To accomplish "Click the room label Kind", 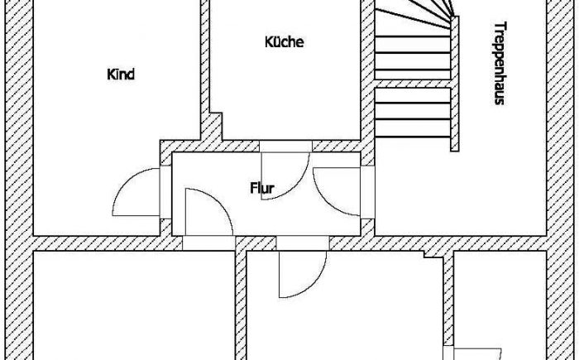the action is pyautogui.click(x=121, y=74).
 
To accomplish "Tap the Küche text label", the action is pyautogui.click(x=285, y=41).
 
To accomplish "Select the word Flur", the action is pyautogui.click(x=262, y=188).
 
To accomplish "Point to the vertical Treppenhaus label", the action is pyautogui.click(x=500, y=64).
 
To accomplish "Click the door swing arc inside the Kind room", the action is pyautogui.click(x=136, y=192).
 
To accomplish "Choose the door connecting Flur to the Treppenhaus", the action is pyautogui.click(x=337, y=191).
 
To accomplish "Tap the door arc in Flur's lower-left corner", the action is pyautogui.click(x=208, y=212).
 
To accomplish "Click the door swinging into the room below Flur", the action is pyautogui.click(x=303, y=274).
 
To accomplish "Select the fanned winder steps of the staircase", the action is pyautogui.click(x=414, y=14).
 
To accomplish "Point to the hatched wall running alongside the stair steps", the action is pyautogui.click(x=455, y=84).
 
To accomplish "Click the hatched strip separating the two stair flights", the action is pyautogui.click(x=413, y=84).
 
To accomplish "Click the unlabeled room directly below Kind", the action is pyautogui.click(x=134, y=305).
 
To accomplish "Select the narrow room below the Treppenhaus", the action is pyautogui.click(x=500, y=305).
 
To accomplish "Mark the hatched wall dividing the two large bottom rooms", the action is pyautogui.click(x=241, y=305).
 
